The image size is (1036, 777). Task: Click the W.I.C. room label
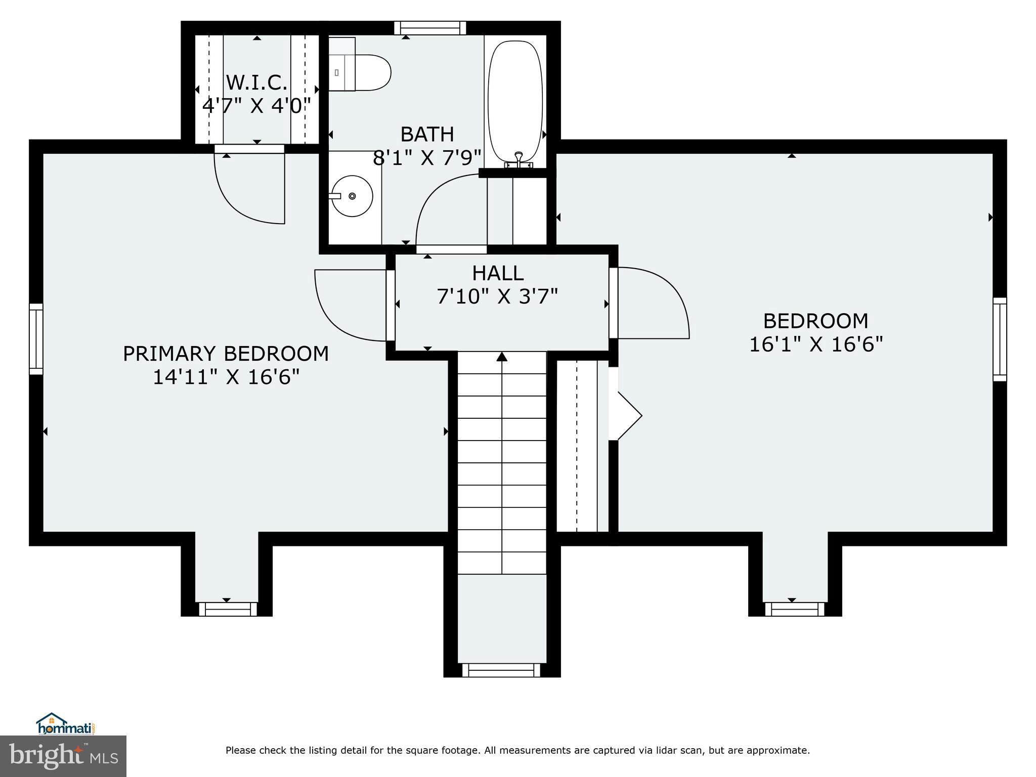pos(256,82)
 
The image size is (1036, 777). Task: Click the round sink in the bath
pos(352,196)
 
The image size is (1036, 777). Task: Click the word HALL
pos(497,273)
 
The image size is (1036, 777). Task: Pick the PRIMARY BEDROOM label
pos(226,354)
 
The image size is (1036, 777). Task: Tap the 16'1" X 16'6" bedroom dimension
pos(815,344)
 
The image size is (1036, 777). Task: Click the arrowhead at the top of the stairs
pos(502,357)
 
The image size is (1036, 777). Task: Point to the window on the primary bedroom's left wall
pos(35,338)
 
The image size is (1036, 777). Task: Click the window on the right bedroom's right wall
pos(1000,339)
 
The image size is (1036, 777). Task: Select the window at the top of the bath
pos(430,28)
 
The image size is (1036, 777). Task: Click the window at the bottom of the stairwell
pos(501,670)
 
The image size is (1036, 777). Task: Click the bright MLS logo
pos(63,756)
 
